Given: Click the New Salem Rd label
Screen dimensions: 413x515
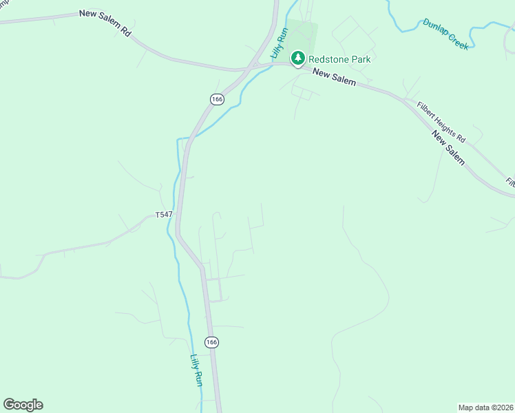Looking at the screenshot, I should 105,22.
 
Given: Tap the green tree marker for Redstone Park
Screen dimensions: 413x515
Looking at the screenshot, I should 297,59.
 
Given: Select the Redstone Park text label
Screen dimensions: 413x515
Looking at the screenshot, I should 340,59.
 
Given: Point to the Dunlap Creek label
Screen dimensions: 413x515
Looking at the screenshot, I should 445,34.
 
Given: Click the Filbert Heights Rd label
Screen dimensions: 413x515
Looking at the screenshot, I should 441,123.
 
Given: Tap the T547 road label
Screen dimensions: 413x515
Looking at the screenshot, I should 163,215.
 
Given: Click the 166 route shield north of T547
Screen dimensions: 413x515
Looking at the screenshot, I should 217,99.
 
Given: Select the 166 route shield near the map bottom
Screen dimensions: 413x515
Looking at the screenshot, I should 211,341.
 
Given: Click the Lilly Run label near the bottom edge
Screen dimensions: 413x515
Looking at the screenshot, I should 196,370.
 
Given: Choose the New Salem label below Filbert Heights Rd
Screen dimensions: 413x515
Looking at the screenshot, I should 449,149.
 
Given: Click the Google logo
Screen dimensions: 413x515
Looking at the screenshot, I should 23,405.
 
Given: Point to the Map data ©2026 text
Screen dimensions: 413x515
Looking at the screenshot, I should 485,407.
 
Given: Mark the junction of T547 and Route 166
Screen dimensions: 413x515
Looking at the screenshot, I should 178,213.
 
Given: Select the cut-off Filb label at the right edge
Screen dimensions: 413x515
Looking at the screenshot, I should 510,183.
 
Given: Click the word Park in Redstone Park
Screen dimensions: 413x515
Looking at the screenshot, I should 361,59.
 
